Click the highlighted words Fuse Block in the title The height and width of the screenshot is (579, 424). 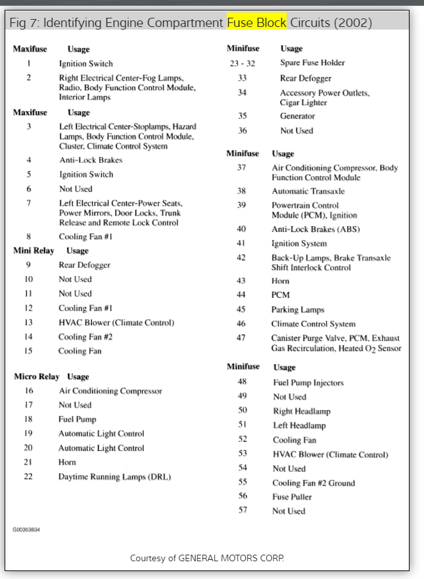[x=256, y=23]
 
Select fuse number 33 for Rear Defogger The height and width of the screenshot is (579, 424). [x=242, y=78]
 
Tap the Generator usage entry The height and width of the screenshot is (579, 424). [x=297, y=116]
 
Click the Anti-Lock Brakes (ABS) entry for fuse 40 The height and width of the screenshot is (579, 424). [x=316, y=229]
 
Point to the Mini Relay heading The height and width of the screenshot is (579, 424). [x=34, y=250]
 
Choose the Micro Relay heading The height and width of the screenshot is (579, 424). [x=37, y=377]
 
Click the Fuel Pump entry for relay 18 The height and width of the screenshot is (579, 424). [x=77, y=419]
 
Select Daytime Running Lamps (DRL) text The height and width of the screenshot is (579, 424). [x=114, y=476]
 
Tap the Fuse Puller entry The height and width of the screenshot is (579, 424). [x=290, y=497]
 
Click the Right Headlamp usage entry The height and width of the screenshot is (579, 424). [x=302, y=411]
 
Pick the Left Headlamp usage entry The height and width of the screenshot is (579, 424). [x=299, y=426]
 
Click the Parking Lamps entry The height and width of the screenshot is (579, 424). [x=298, y=310]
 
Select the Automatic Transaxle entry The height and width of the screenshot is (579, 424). [x=308, y=191]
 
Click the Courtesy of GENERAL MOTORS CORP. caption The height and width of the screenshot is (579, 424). [x=207, y=559]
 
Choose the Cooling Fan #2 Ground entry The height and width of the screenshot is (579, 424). [x=314, y=483]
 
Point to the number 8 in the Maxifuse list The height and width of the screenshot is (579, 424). [x=28, y=237]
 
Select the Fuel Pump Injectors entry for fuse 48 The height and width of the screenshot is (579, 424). [x=308, y=382]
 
